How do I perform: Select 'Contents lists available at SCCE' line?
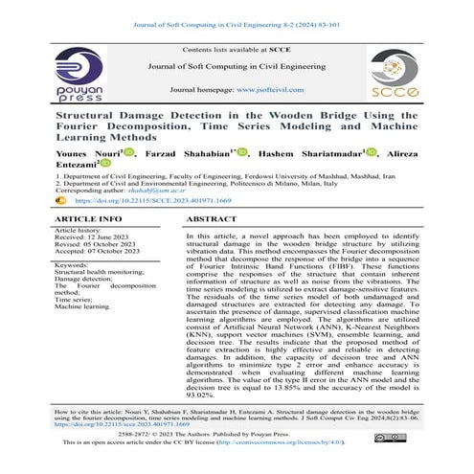point(237,48)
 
